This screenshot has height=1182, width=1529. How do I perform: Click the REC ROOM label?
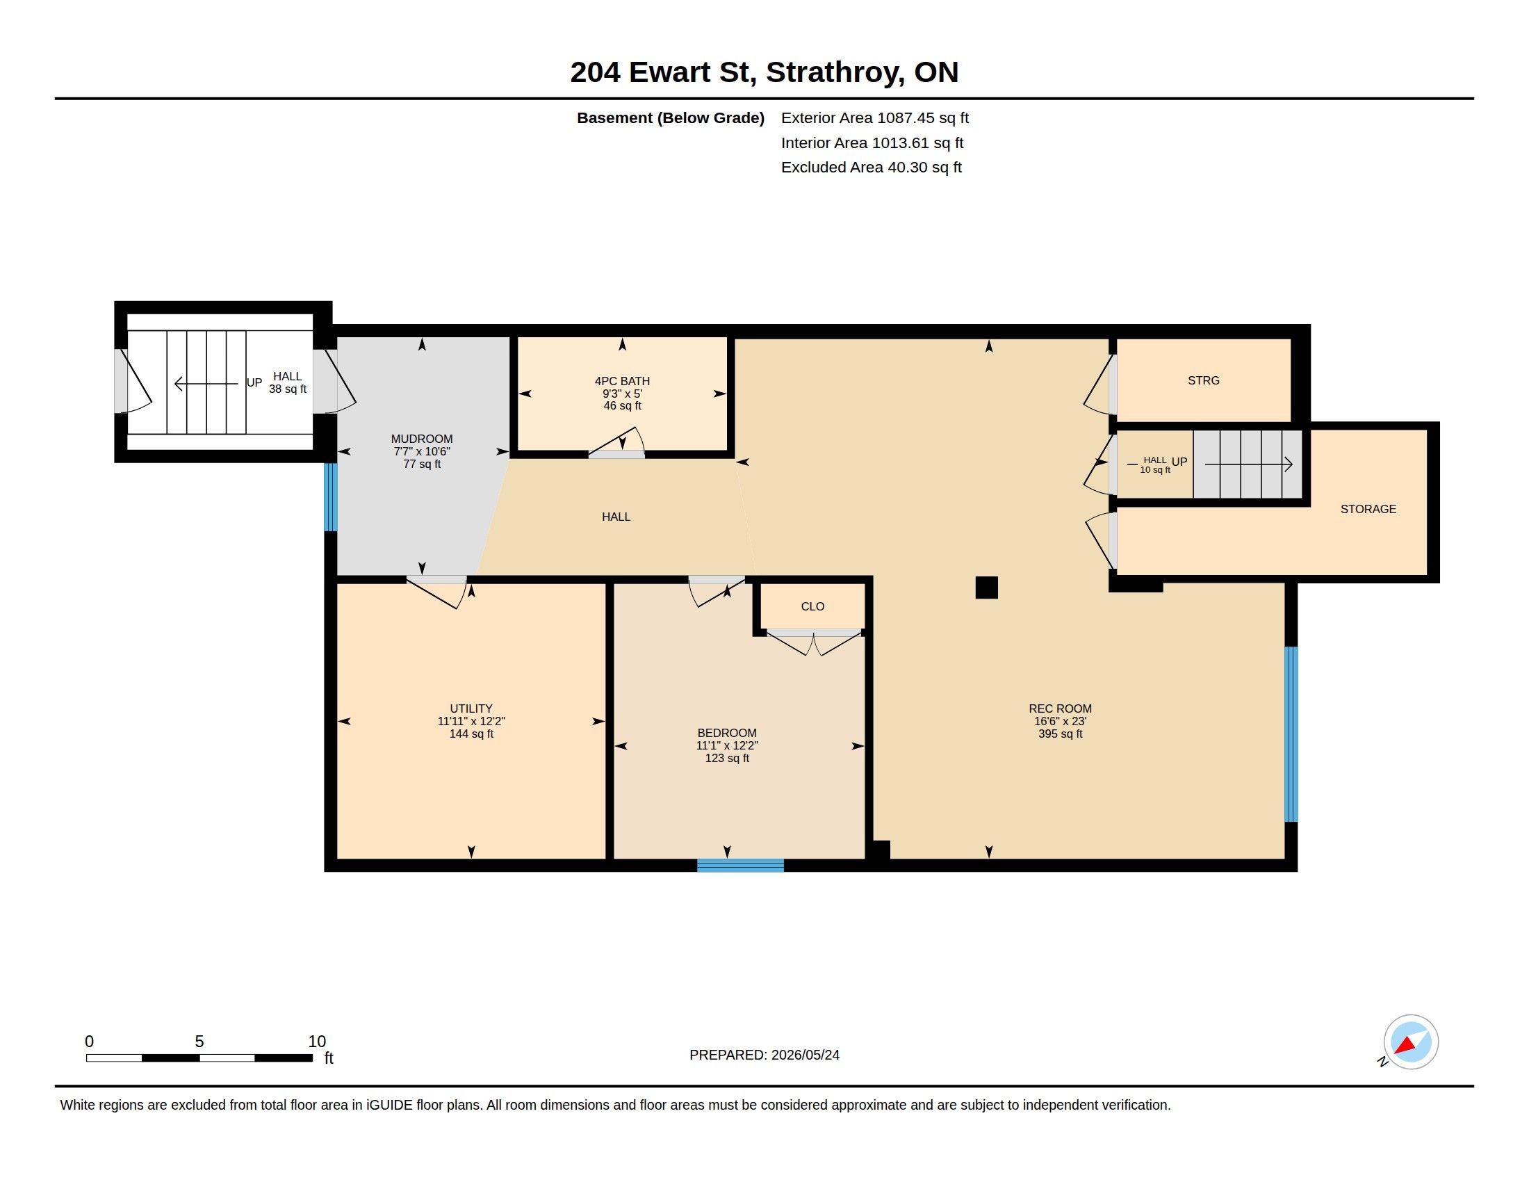[1060, 709]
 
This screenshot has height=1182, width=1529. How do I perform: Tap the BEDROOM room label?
[727, 733]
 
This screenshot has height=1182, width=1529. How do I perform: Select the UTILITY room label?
[471, 709]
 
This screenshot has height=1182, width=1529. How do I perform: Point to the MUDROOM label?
[421, 439]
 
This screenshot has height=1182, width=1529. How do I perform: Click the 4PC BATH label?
[623, 381]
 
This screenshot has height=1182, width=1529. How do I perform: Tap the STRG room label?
[1204, 380]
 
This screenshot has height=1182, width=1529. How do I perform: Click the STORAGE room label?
[1368, 509]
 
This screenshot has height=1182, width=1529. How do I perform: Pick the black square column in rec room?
[986, 588]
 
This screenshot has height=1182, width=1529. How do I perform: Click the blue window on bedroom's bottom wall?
[740, 866]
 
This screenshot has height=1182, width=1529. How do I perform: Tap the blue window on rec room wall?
[1291, 734]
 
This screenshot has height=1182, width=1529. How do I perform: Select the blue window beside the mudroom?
[330, 497]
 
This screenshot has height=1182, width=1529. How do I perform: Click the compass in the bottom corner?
[1410, 1042]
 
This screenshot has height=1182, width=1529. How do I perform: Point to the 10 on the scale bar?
[317, 1042]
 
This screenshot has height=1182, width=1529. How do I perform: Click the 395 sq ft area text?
[1060, 734]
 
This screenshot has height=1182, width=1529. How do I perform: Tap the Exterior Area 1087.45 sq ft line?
[874, 118]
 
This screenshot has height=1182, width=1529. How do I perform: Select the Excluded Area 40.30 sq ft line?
[871, 168]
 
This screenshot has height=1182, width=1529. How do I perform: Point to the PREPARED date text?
[764, 1055]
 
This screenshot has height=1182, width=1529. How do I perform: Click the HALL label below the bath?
[616, 517]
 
